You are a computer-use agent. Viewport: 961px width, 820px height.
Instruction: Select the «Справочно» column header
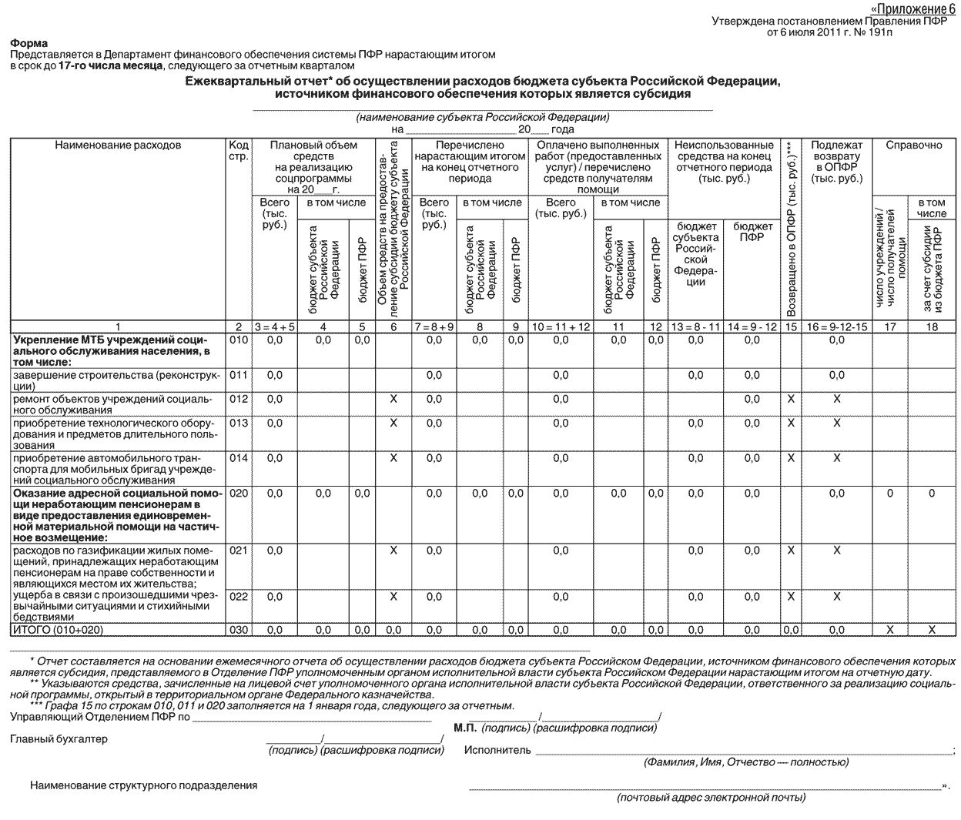pyautogui.click(x=913, y=145)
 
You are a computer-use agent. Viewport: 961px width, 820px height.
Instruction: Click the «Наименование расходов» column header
pyautogui.click(x=118, y=145)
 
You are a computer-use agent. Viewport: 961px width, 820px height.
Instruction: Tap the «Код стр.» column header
pyautogui.click(x=239, y=151)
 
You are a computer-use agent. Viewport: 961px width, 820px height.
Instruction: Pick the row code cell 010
pyautogui.click(x=239, y=340)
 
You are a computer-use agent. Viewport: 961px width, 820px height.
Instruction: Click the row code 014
pyautogui.click(x=239, y=458)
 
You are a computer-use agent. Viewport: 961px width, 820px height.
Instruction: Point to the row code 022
pyautogui.click(x=239, y=597)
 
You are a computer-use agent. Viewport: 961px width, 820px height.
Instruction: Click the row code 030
pyautogui.click(x=239, y=630)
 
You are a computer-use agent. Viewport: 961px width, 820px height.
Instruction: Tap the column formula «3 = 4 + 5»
pyautogui.click(x=274, y=326)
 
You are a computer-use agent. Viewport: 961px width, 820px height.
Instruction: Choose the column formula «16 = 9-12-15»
pyautogui.click(x=836, y=326)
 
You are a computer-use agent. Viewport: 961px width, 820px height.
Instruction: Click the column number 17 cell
pyautogui.click(x=890, y=326)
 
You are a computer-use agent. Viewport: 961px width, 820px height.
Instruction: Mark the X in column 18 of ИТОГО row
pyautogui.click(x=932, y=630)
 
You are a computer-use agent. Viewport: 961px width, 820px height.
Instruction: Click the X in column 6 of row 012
pyautogui.click(x=393, y=399)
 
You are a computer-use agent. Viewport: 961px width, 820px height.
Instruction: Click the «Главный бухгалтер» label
pyautogui.click(x=59, y=739)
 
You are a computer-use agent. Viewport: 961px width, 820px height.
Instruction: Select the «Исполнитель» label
pyautogui.click(x=497, y=750)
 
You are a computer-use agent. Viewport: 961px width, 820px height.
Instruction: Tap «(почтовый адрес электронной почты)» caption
pyautogui.click(x=711, y=798)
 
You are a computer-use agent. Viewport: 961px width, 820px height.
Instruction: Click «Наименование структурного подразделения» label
pyautogui.click(x=144, y=785)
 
